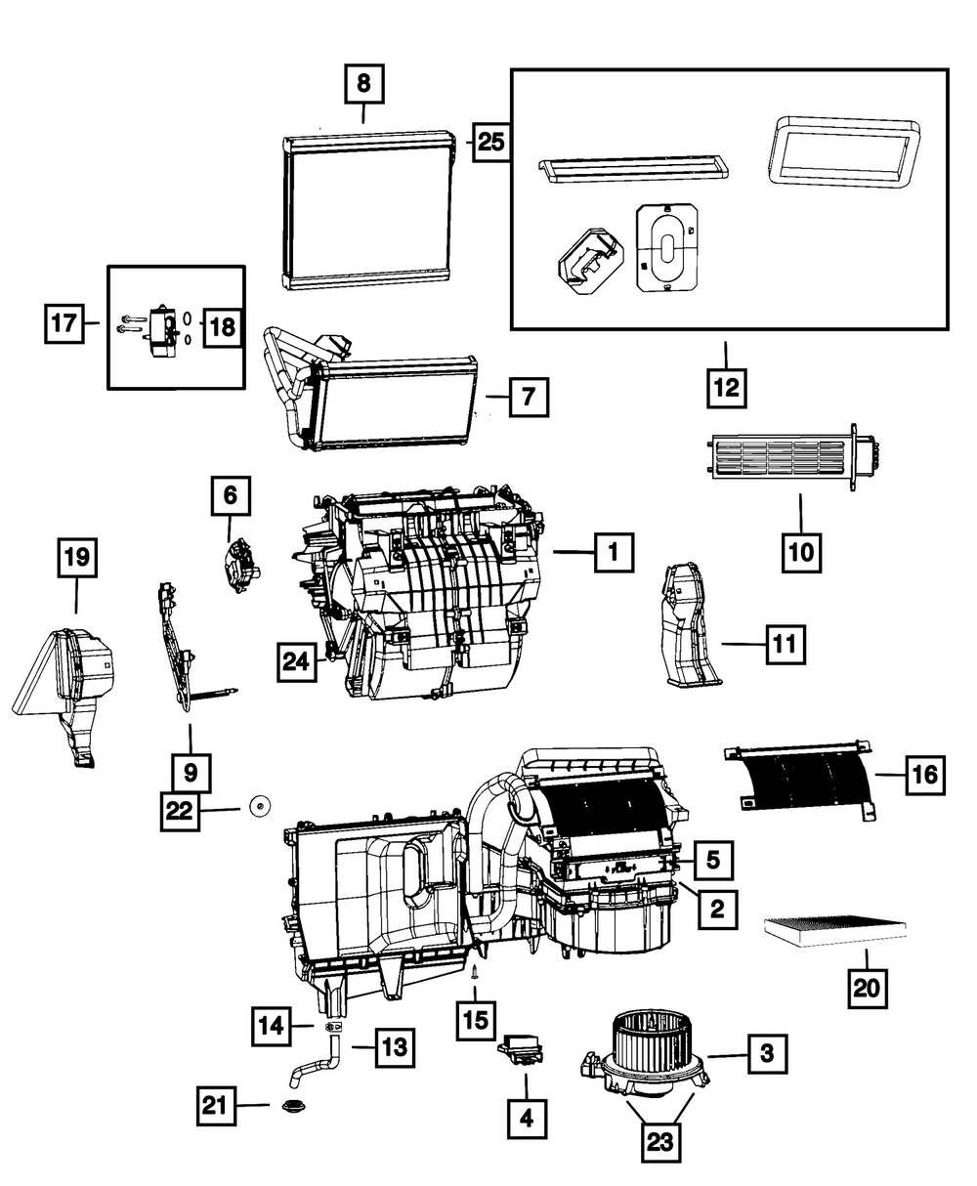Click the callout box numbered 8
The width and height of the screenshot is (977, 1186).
(364, 83)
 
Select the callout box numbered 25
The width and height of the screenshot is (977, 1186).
(490, 142)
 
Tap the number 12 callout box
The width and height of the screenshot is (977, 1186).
(727, 388)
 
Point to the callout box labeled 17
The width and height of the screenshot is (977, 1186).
(64, 323)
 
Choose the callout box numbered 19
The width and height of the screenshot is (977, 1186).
(77, 557)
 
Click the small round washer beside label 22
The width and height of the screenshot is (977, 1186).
(260, 805)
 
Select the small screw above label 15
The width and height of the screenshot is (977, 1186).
(475, 972)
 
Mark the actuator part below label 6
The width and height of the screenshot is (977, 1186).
(241, 566)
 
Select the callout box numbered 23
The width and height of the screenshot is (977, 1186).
(660, 1141)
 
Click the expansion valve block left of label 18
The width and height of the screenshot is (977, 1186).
(162, 333)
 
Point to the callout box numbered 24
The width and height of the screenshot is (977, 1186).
(296, 661)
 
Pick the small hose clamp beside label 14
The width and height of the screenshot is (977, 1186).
(336, 1027)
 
